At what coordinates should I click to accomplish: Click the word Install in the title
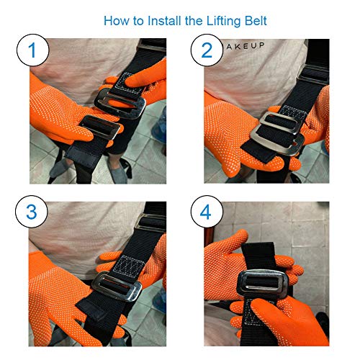click(158, 20)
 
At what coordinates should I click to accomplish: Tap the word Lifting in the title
click(220, 20)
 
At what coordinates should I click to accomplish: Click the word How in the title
click(117, 20)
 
